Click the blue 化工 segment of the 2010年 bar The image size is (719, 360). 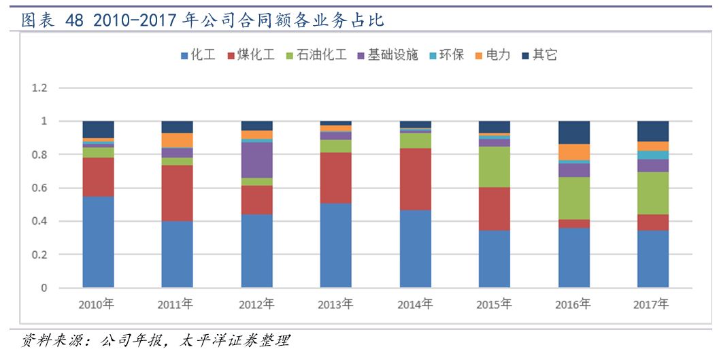(98, 242)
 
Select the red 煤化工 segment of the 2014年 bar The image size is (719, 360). (415, 179)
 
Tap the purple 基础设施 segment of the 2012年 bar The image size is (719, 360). (256, 160)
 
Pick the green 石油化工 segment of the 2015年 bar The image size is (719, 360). (494, 167)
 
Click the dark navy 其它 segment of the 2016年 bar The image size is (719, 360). (573, 132)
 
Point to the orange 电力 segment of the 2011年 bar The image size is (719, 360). (177, 140)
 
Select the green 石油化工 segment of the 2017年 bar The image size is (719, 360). (652, 193)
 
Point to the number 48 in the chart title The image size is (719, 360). (75, 21)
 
